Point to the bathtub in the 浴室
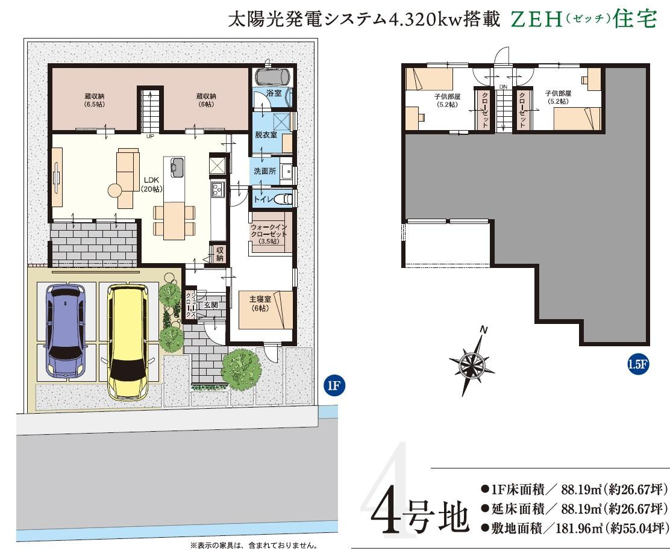273,76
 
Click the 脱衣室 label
265,135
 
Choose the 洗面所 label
265,171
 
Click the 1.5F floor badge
637,364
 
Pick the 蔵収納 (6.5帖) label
95,99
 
